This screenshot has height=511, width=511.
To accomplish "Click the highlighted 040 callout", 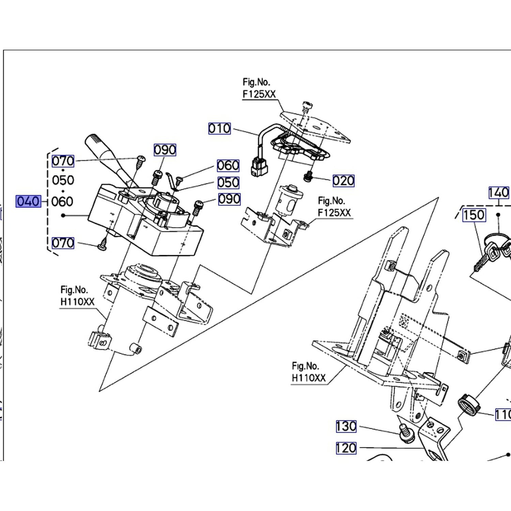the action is [x=28, y=201].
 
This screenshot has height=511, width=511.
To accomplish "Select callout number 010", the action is [x=219, y=128].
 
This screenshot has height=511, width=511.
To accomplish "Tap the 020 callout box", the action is [x=343, y=181].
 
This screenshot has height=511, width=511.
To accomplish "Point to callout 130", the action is [x=346, y=426].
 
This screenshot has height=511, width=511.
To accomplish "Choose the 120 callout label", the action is [x=346, y=448].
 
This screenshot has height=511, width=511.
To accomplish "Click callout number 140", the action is [x=499, y=192].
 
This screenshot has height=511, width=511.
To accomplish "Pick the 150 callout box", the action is [x=474, y=215].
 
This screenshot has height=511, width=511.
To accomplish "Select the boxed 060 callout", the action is [x=228, y=166].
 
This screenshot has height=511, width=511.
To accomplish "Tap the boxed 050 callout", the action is [x=228, y=183].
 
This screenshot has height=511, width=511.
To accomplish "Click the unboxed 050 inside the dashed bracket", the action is [x=63, y=180].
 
